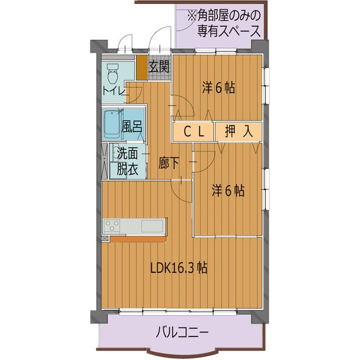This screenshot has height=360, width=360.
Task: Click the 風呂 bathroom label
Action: coord(132,127)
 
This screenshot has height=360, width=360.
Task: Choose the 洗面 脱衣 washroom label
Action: coord(127,161)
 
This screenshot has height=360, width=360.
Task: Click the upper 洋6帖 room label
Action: coord(219,88)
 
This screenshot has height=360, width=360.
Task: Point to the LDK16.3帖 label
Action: coord(179,268)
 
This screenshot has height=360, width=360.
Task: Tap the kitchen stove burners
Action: coord(112,226)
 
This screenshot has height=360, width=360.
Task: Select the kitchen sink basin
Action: coord(152,226)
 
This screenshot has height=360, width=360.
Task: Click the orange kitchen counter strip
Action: coord(138,238)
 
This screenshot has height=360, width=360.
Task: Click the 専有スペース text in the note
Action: coord(228,31)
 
